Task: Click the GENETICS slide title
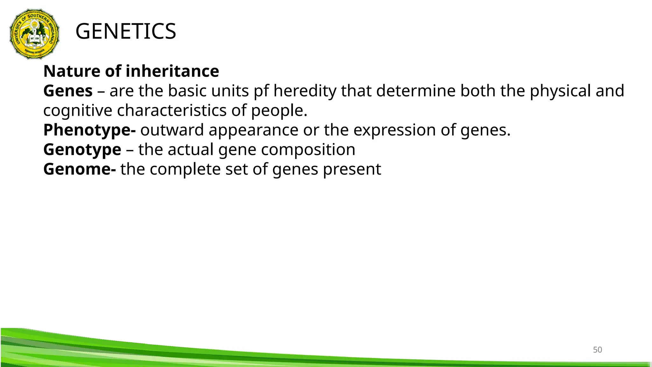125,32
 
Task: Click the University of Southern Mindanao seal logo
34,34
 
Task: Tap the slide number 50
597,350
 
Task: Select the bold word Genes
68,91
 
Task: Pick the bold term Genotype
82,149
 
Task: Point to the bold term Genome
79,169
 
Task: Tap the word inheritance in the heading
172,71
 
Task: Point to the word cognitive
78,111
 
